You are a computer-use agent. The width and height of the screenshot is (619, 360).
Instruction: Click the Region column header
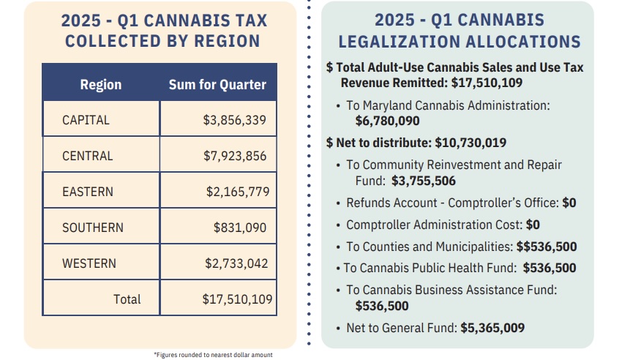(x=100, y=85)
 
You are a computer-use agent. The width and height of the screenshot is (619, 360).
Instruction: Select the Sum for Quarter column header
(x=217, y=85)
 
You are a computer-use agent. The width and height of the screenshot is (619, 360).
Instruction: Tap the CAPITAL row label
(x=86, y=120)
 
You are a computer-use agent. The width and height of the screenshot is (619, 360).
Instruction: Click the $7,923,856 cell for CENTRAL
(x=235, y=156)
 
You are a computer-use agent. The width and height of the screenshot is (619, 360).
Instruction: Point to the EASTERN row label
(x=88, y=192)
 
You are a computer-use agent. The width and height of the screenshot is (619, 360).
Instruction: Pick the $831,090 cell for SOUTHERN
(x=240, y=228)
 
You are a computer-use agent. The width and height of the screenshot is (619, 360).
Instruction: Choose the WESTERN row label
(x=89, y=263)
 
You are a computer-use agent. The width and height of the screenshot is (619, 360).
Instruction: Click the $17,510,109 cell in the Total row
(x=237, y=299)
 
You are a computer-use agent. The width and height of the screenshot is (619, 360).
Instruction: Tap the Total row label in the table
(x=127, y=299)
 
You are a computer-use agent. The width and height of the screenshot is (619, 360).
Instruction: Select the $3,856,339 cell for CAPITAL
(x=235, y=120)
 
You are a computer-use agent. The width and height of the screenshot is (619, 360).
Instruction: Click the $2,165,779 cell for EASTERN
(x=238, y=192)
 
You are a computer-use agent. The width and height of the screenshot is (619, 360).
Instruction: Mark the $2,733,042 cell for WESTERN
(x=236, y=263)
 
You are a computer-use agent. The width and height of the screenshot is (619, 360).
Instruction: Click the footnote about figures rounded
(x=213, y=355)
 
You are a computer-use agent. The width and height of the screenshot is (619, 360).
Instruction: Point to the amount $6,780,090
(x=387, y=121)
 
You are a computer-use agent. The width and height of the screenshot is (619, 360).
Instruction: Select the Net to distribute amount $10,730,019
(x=470, y=143)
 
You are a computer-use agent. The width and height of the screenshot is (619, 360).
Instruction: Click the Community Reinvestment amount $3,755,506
(x=424, y=180)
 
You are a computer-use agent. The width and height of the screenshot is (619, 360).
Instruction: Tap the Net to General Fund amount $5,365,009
(x=492, y=328)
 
